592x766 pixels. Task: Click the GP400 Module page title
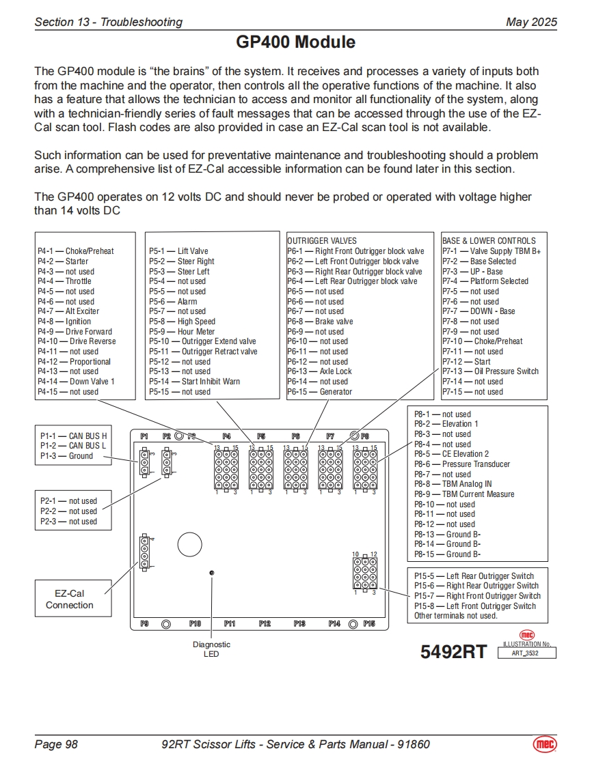pos(295,42)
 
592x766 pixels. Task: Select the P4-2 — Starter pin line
pos(63,261)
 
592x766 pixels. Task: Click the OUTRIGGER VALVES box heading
pos(321,241)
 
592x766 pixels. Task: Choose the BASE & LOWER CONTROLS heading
pos(489,241)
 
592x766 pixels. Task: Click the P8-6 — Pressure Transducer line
pos(462,464)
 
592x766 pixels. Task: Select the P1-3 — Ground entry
pos(66,456)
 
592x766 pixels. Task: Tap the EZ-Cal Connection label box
pos(70,599)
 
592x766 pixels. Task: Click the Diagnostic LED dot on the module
pos(212,572)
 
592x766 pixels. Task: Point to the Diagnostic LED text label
pos(211,649)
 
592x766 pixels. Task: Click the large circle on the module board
pos(189,544)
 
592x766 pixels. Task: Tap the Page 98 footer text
pos(56,744)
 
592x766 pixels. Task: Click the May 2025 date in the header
pos(531,22)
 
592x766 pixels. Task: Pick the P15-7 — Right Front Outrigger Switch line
pos(477,596)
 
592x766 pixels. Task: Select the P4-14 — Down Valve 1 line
pos(76,382)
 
